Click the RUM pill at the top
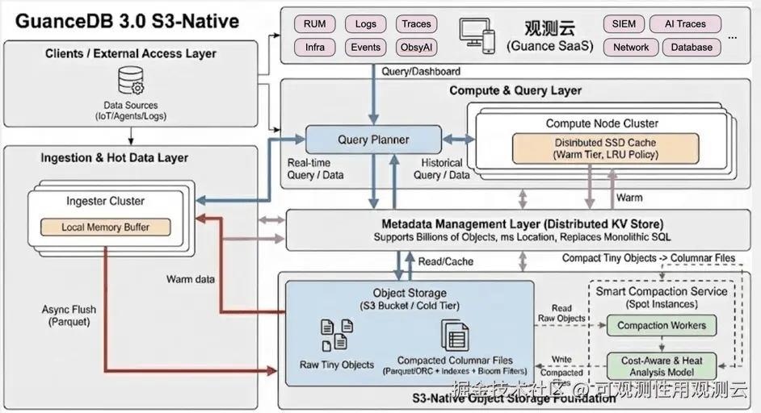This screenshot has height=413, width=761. point(314,24)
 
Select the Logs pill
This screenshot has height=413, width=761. point(365,24)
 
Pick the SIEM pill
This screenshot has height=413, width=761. point(623,24)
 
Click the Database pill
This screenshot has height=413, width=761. point(692,48)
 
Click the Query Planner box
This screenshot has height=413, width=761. point(372,140)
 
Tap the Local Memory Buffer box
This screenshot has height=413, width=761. point(105,227)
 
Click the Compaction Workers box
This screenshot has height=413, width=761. point(661,326)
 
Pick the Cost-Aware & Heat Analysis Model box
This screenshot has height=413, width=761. point(662,366)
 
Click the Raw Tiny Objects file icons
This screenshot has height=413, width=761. point(336,334)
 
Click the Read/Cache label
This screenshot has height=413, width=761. point(445,261)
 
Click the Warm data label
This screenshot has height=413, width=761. point(191,279)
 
